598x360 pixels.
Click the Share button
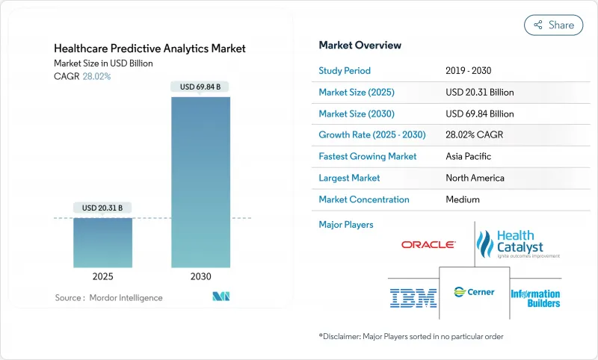click(x=554, y=25)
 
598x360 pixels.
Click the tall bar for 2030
click(x=200, y=179)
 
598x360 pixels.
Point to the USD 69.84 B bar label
click(x=200, y=87)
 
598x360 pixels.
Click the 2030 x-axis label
click(x=200, y=276)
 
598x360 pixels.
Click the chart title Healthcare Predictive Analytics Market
click(x=150, y=49)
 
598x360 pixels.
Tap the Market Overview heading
click(x=360, y=46)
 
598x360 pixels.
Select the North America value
click(x=475, y=178)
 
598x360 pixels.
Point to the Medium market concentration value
click(x=463, y=199)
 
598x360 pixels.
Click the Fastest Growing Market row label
click(x=368, y=157)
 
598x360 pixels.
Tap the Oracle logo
click(x=428, y=244)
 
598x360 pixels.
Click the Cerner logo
click(x=469, y=292)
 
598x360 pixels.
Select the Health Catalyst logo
click(x=518, y=243)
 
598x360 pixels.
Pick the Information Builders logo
click(x=534, y=298)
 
